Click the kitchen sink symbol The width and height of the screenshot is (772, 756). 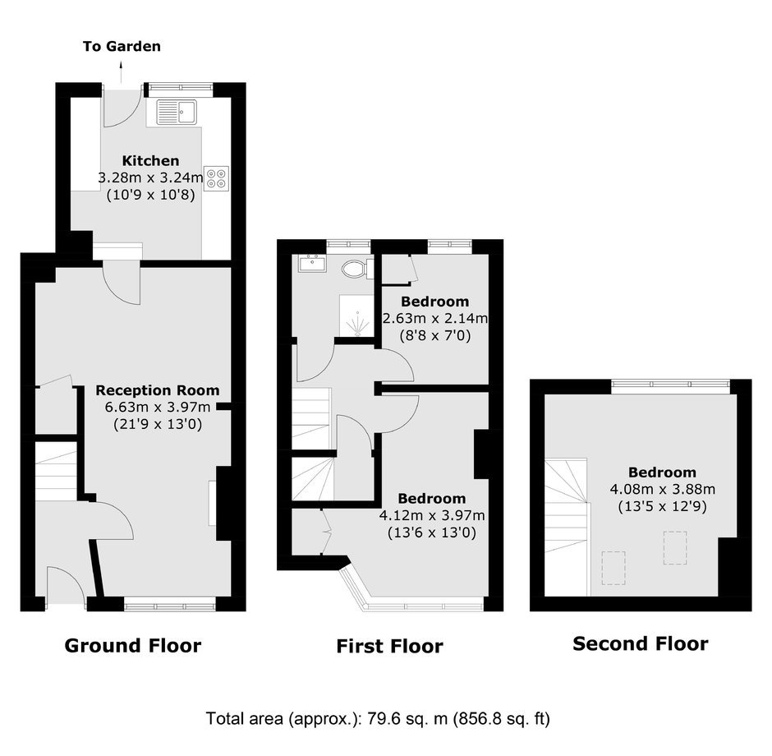(x=177, y=112)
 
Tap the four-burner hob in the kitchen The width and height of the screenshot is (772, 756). (x=216, y=178)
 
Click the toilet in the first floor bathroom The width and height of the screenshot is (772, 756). (x=357, y=269)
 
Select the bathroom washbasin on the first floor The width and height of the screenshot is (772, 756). (x=311, y=263)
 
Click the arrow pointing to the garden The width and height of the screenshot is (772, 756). (x=121, y=72)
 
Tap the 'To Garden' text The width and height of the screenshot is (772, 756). (x=122, y=46)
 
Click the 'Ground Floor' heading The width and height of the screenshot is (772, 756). (x=133, y=646)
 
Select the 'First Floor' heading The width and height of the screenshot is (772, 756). (x=389, y=646)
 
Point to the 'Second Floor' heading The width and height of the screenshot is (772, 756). (x=641, y=643)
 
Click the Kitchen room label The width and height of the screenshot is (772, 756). (x=150, y=160)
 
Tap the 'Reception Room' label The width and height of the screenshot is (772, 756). (x=158, y=390)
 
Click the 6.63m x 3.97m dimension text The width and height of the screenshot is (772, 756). (x=158, y=408)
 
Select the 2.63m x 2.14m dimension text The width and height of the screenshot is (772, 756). (x=435, y=319)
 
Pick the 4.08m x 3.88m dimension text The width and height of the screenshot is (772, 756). (x=663, y=489)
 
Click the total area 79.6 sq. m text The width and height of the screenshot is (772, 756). (x=378, y=718)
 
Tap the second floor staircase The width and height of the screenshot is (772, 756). (x=566, y=527)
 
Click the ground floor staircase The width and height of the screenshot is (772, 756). (x=56, y=472)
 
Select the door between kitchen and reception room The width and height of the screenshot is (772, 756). (x=122, y=286)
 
